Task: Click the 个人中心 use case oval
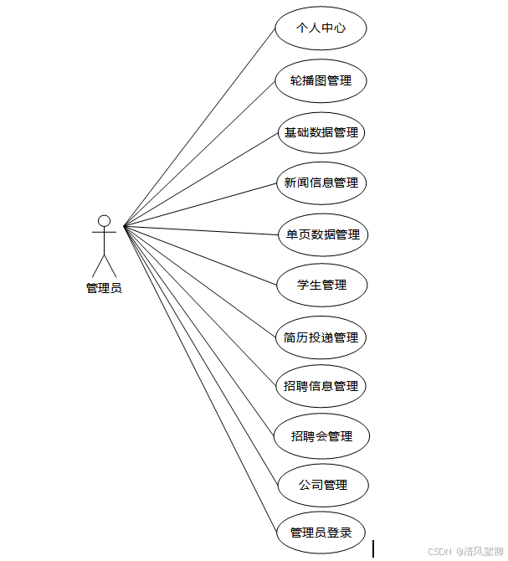pos(321,28)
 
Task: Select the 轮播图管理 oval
pos(321,81)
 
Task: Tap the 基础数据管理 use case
pos(321,132)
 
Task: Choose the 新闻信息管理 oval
pos(321,183)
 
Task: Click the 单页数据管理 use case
pos(322,234)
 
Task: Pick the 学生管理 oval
pos(322,285)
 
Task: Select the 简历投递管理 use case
pos(321,337)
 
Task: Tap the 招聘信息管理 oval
pos(321,386)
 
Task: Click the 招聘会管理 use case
pos(322,436)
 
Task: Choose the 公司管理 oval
pos(322,485)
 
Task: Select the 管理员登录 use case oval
pos(321,533)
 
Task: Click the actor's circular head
pos(104,221)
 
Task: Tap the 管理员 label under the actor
pos(104,288)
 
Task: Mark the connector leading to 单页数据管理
pos(201,229)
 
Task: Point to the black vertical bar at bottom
pos(373,549)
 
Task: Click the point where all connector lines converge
pos(124,225)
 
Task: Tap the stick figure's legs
pos(104,265)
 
